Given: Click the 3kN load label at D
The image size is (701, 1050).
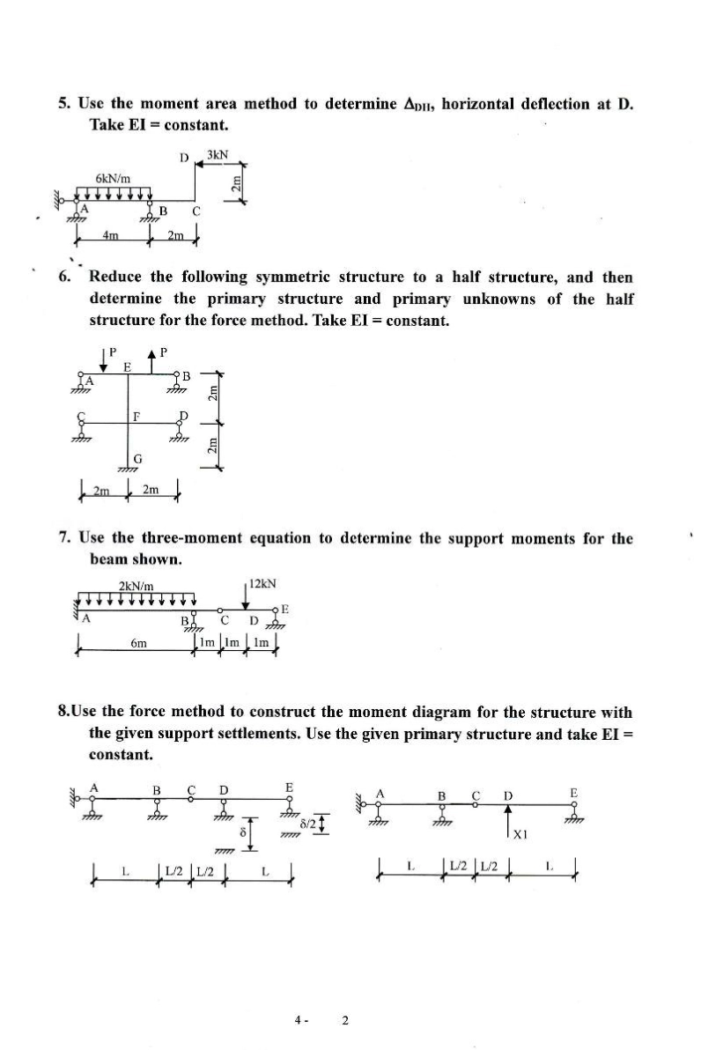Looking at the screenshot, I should pyautogui.click(x=217, y=155).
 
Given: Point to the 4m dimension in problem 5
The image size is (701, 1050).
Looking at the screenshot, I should pyautogui.click(x=108, y=235).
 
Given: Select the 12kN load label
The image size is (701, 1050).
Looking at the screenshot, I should pyautogui.click(x=263, y=584).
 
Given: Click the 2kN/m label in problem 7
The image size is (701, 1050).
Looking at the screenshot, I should pyautogui.click(x=137, y=586).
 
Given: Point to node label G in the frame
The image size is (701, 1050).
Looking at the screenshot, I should pyautogui.click(x=137, y=457).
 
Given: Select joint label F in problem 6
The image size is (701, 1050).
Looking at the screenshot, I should pyautogui.click(x=135, y=415).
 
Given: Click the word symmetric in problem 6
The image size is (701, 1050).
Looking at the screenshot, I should pyautogui.click(x=321, y=277).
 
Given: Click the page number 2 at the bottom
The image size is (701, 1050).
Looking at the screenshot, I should pyautogui.click(x=345, y=1020).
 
